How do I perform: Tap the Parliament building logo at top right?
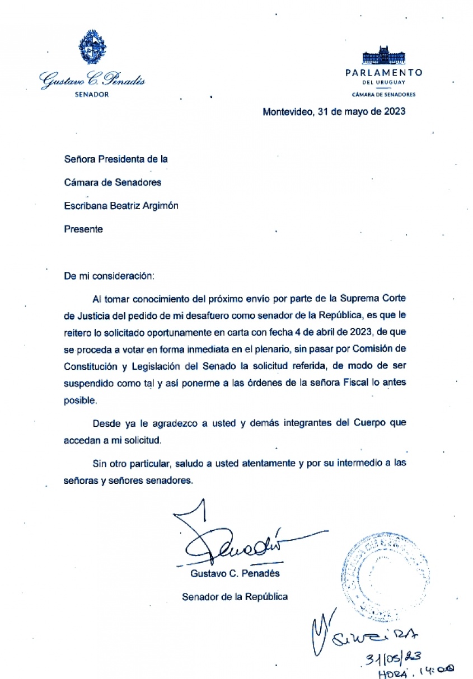(x=383, y=56)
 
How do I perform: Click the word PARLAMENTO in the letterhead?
(x=383, y=73)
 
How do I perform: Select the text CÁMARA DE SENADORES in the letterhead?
(x=383, y=95)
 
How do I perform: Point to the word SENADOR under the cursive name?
(x=92, y=95)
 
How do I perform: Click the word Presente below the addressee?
(x=83, y=229)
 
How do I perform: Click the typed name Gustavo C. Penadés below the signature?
(x=235, y=574)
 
